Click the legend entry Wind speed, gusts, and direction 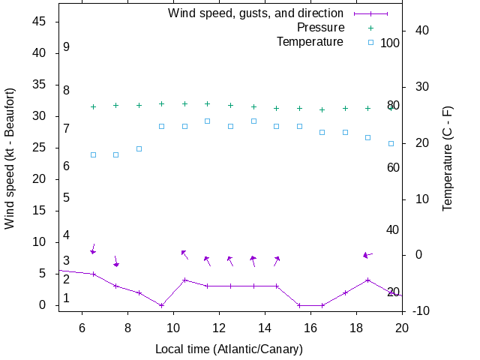(x=255, y=13)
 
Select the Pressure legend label (x=310, y=28)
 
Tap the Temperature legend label (x=310, y=42)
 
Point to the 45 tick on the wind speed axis (x=40, y=22)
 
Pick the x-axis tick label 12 (x=219, y=327)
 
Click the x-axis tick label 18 (x=356, y=327)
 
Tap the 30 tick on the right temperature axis (x=417, y=87)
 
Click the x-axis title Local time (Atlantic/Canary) (x=229, y=349)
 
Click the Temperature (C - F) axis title (x=448, y=158)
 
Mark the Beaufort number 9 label (x=67, y=46)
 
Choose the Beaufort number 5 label (x=67, y=198)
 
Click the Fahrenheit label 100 (x=390, y=43)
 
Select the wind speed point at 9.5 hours (x=162, y=305)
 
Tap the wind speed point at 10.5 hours (x=184, y=280)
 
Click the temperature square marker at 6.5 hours (x=93, y=154)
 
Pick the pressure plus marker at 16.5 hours (x=322, y=109)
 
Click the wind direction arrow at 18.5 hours (x=367, y=255)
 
